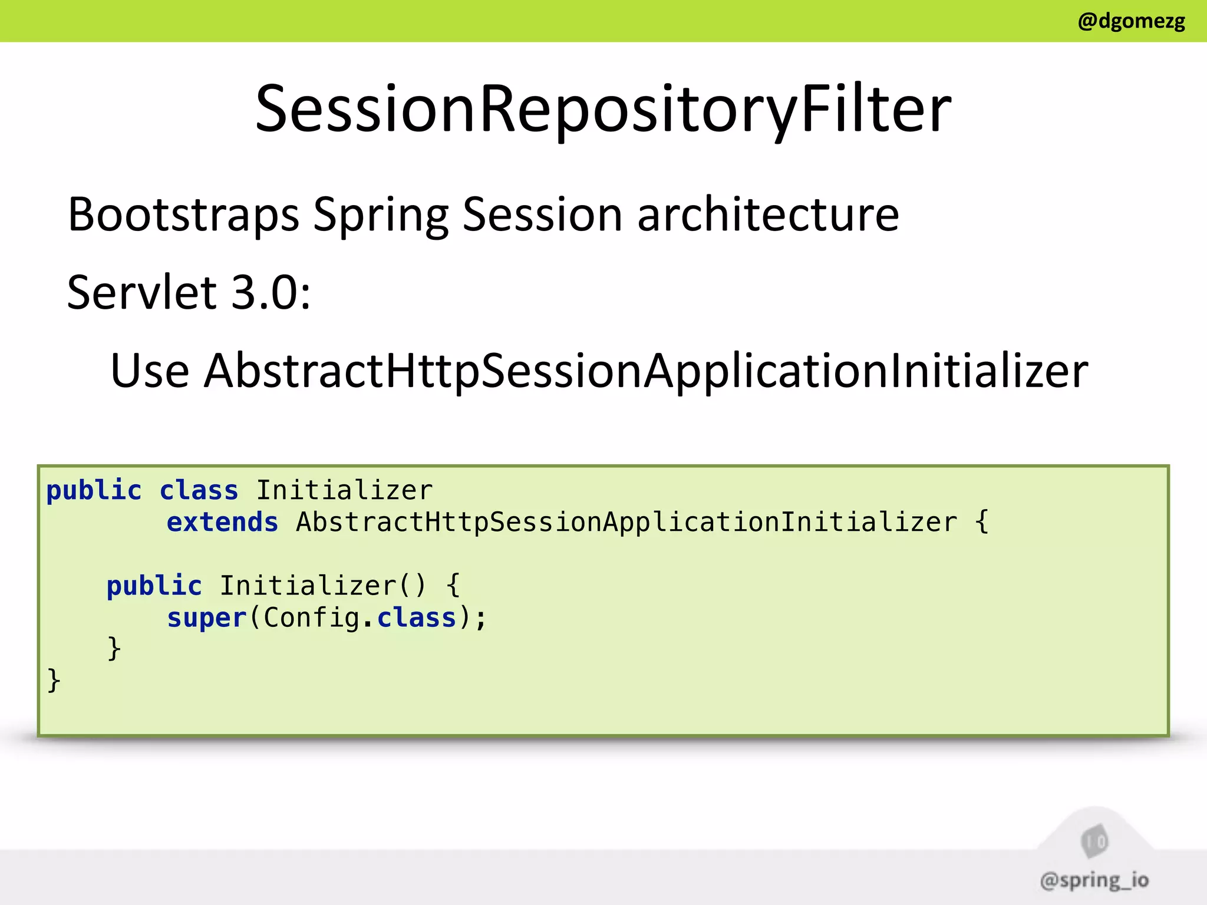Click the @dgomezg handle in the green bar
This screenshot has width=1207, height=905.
[x=1131, y=21]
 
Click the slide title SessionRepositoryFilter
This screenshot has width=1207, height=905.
[x=603, y=109]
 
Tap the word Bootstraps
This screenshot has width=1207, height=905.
[x=183, y=214]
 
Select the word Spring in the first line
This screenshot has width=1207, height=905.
[x=381, y=216]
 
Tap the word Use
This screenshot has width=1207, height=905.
[x=150, y=371]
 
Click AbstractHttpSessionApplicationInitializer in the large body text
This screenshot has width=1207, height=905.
[x=646, y=371]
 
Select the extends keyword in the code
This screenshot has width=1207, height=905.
[x=222, y=523]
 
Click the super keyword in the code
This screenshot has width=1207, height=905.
[x=206, y=618]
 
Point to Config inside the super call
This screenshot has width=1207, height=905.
[x=311, y=618]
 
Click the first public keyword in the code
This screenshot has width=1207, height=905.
[x=94, y=491]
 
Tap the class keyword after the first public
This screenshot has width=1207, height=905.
[x=199, y=491]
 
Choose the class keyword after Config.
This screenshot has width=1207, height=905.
[x=417, y=618]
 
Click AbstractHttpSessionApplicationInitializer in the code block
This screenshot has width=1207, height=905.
[x=626, y=523]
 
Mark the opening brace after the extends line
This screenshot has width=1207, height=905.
[x=981, y=523]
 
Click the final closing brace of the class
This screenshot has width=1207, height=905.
[x=54, y=681]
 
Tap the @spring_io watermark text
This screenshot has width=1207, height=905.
[x=1094, y=880]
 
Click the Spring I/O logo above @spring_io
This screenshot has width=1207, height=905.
[x=1094, y=841]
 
